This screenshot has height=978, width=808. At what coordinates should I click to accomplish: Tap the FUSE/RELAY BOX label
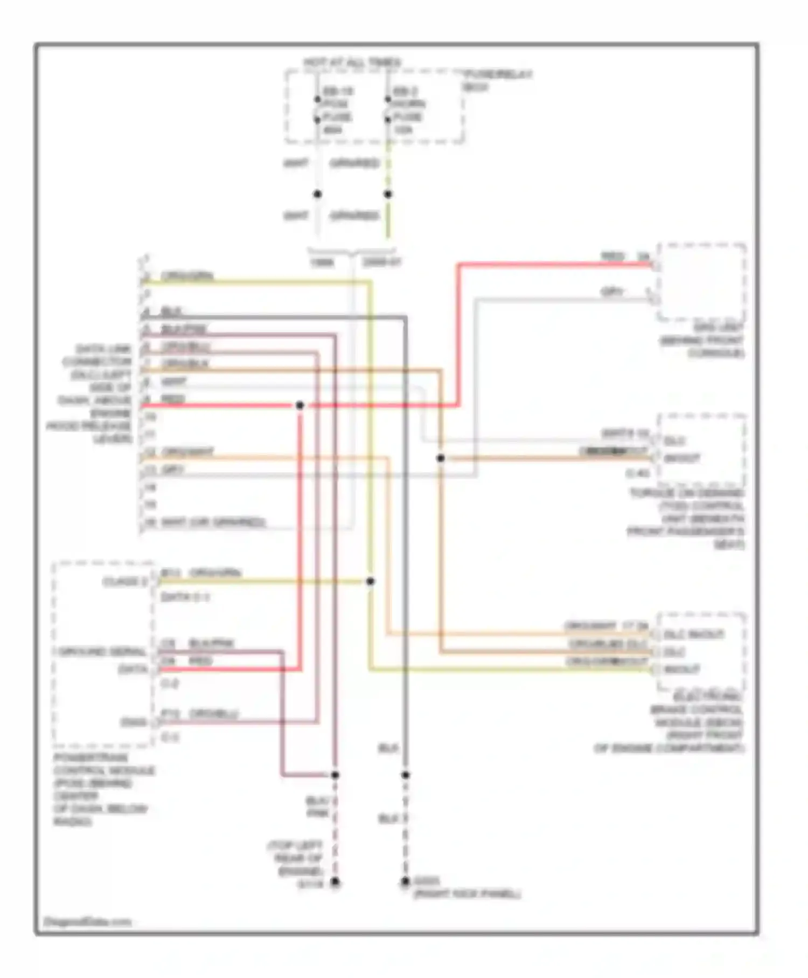(x=498, y=79)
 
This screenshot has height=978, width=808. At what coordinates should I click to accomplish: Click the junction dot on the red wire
(x=300, y=405)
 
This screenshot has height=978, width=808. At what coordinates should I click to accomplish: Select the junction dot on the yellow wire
(x=371, y=581)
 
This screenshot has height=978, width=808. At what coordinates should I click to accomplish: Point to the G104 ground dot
(x=335, y=882)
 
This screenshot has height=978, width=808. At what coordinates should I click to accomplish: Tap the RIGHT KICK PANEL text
(x=466, y=894)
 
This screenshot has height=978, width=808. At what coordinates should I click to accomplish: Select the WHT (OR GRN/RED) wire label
(x=212, y=522)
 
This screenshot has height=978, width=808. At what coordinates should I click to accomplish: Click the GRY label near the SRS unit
(x=612, y=292)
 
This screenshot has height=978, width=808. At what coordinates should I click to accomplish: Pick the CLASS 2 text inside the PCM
(x=124, y=582)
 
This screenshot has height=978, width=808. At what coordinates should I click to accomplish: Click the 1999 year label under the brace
(x=322, y=263)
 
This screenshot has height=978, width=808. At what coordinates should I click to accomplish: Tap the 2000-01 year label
(x=381, y=263)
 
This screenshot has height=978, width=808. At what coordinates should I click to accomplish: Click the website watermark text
(x=87, y=921)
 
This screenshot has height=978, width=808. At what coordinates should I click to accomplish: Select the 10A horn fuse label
(x=402, y=130)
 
